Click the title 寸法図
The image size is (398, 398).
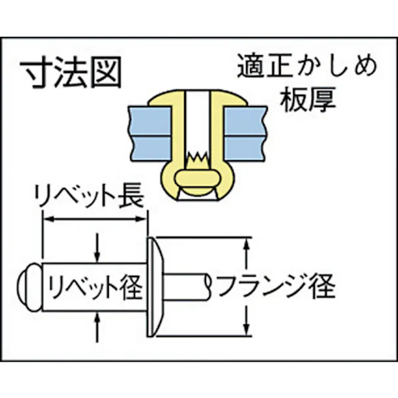(70, 72)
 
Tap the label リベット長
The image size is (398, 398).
(89, 196)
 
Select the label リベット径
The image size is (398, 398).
(95, 287)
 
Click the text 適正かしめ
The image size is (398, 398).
(307, 65)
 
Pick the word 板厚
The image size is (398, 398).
(308, 99)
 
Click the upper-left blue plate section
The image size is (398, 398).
(150, 121)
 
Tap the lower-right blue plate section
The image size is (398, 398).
(245, 148)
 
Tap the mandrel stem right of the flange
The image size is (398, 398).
(187, 287)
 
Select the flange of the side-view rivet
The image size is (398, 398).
(155, 287)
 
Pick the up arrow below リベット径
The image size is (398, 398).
(97, 327)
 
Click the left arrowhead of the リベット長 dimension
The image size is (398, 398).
(48, 219)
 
